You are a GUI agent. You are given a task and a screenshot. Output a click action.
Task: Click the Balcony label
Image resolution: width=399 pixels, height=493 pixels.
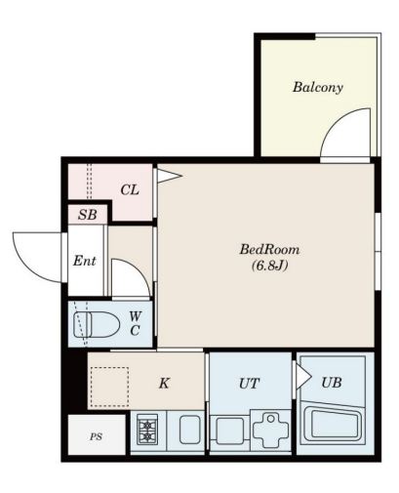pos(318,87)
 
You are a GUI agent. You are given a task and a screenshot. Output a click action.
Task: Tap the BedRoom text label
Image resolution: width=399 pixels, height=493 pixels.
pos(269,250)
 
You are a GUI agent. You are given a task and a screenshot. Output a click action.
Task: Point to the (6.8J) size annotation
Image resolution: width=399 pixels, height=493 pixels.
pos(270,266)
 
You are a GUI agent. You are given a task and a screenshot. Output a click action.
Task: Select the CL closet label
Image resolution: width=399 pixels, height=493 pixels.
pos(130,189)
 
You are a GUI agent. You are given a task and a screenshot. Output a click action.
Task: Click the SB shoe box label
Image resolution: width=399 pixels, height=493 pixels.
pos(88,215)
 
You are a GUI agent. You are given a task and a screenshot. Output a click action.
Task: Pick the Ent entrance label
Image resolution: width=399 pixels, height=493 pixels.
pos(85,261)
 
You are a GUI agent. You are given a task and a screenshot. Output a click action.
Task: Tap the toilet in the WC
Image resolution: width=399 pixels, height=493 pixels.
pos(97,324)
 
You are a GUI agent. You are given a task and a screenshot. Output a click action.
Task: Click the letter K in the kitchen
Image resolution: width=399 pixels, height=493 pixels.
pos(164,383)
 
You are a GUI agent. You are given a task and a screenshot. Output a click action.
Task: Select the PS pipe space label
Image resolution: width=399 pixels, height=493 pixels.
pos(96,436)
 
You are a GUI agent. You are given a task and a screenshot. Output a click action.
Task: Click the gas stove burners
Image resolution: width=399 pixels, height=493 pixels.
pos(147,430)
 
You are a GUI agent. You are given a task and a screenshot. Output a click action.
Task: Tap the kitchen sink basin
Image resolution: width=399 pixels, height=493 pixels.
pos(190,430)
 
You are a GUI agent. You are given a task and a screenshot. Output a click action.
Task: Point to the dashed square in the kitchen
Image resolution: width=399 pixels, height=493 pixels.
pos(109,387)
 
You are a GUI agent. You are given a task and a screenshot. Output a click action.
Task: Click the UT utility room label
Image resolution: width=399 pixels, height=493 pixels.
pos(250,384)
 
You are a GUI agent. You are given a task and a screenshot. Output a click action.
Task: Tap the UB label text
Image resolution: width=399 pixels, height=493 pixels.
pos(332,383)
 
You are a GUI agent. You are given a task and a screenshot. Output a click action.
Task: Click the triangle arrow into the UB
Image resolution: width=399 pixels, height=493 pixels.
pos(303,377)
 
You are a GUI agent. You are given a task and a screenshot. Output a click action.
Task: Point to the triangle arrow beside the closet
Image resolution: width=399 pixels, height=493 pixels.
pos(169,176)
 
